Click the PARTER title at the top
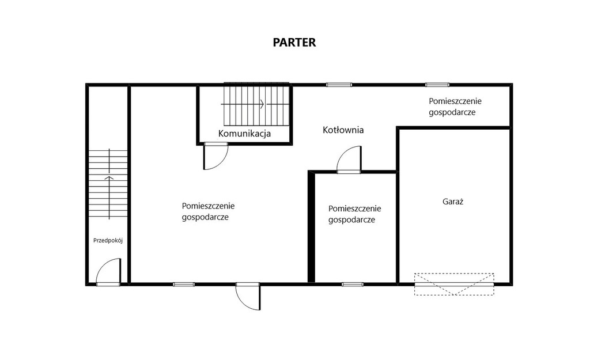point(294,42)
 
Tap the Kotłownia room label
point(343,130)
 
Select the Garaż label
point(453,201)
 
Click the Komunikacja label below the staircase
point(244,133)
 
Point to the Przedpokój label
point(108,240)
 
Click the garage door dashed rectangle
point(454,284)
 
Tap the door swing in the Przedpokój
point(108,271)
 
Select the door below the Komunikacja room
point(216,156)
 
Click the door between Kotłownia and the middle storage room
point(349,160)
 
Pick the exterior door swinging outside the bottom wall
point(248,297)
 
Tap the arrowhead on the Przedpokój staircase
point(109,177)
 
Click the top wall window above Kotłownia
point(339,85)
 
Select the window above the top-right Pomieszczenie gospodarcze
point(437,85)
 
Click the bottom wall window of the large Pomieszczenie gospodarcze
point(184,284)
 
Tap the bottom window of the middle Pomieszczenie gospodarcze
point(353,284)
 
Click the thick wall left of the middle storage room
point(311,227)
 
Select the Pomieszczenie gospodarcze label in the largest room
point(208,211)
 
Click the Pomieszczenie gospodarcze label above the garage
point(455,107)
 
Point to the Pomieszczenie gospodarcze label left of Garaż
point(354,214)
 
